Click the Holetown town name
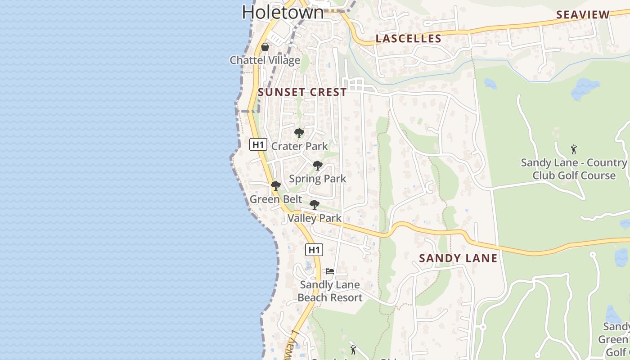click(x=283, y=12)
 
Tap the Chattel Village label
click(x=265, y=60)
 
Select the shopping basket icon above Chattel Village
click(x=265, y=47)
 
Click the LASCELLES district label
click(x=409, y=39)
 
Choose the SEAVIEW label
click(x=583, y=15)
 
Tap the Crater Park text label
click(x=299, y=146)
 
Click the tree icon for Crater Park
click(x=299, y=133)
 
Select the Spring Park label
click(x=318, y=179)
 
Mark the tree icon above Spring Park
click(x=318, y=166)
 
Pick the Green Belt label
click(x=276, y=199)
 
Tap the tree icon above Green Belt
click(x=276, y=186)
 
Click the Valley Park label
click(x=315, y=218)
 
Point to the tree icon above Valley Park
click(x=315, y=205)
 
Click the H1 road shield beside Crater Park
click(x=258, y=144)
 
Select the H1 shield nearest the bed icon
click(x=314, y=250)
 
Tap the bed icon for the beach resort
click(x=330, y=271)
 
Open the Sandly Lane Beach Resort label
click(x=330, y=291)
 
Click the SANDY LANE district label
click(x=458, y=258)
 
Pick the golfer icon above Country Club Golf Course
click(x=574, y=149)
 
